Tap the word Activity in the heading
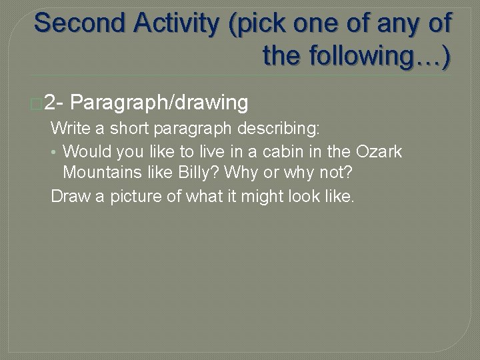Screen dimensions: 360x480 [x=176, y=23]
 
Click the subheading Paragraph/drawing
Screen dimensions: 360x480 [x=159, y=103]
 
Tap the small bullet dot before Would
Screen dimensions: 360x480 [x=55, y=152]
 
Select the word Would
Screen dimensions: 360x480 [x=83, y=151]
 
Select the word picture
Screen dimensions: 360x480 [x=137, y=197]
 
